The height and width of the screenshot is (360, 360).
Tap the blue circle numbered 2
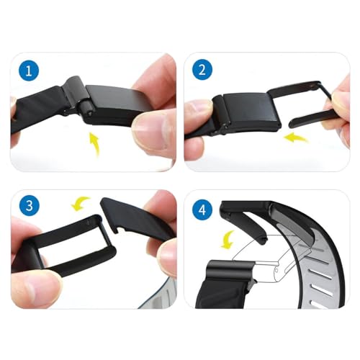point(201,70)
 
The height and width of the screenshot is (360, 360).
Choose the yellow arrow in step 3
point(82,204)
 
